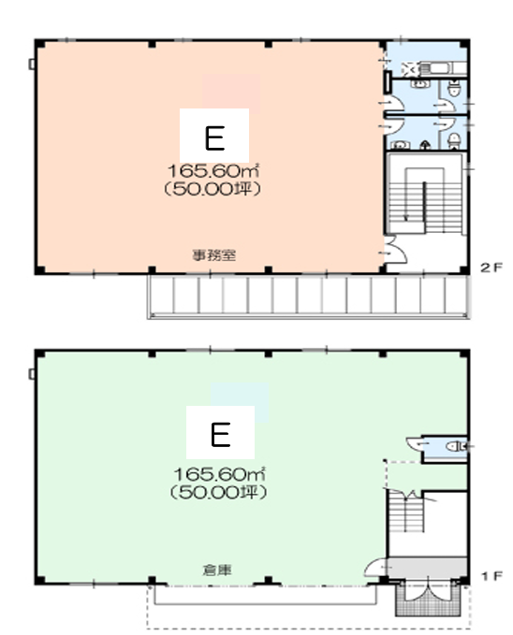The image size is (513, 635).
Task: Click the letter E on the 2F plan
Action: click(214, 138)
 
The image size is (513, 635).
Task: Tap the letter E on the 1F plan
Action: click(221, 435)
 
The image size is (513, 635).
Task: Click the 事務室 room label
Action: click(213, 255)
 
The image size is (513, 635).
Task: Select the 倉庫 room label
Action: click(217, 570)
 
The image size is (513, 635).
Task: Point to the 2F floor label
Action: click(491, 267)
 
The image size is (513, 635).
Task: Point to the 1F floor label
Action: click(491, 575)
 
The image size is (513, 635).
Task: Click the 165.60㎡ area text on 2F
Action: click(213, 171)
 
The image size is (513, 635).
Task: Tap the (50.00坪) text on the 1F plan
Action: click(218, 492)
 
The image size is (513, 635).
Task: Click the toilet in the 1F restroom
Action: click(456, 447)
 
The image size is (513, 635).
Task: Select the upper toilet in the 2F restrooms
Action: click(454, 89)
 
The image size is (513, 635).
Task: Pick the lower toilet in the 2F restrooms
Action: click(454, 140)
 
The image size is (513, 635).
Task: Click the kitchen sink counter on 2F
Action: click(442, 68)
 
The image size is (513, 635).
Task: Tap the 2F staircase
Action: click(425, 194)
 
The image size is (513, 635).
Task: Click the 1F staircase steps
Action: click(405, 511)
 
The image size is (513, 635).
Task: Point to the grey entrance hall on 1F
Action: click(428, 566)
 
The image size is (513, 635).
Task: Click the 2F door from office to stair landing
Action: click(395, 251)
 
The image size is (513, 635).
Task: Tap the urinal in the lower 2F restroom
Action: click(425, 145)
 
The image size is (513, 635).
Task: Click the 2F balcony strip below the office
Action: click(309, 296)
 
